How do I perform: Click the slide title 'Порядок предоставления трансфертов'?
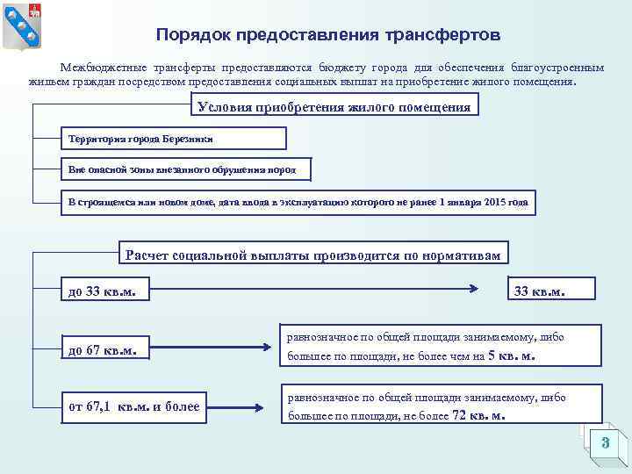click(328, 36)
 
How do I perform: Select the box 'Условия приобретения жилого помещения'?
click(334, 107)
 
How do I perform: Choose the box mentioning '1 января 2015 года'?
click(298, 202)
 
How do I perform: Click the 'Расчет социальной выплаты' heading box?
click(313, 255)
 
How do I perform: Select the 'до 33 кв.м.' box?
click(104, 291)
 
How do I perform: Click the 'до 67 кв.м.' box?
click(104, 350)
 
